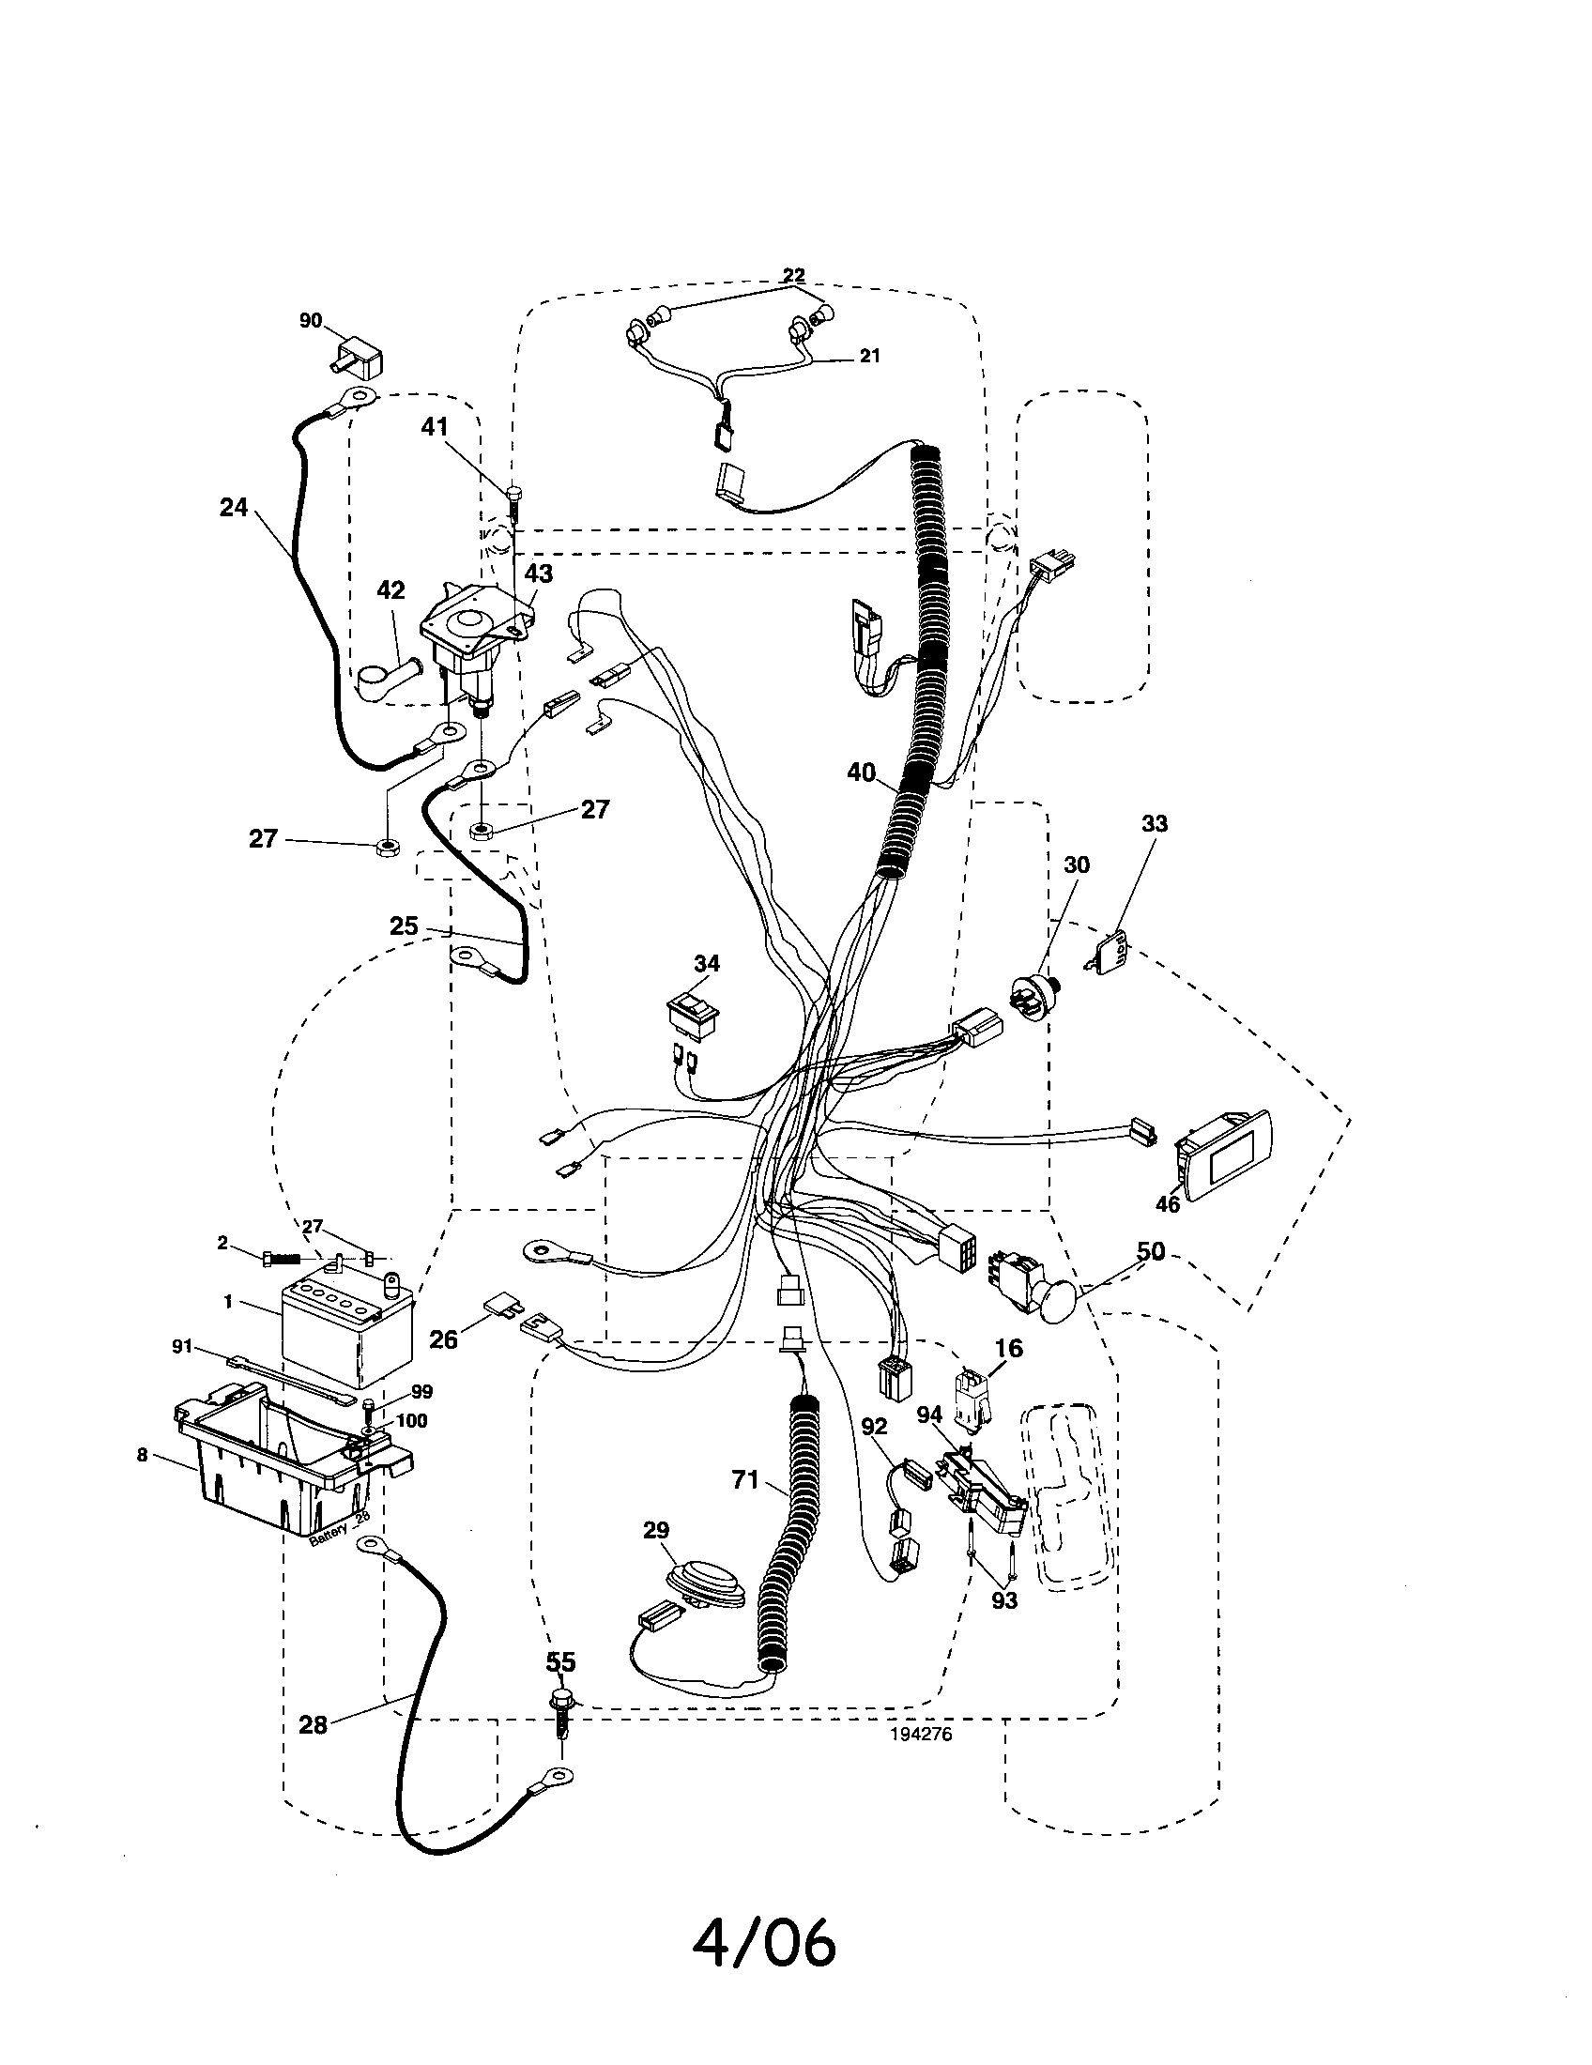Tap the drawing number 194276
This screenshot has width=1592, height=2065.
tap(921, 1734)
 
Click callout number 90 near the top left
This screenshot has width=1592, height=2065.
tap(311, 320)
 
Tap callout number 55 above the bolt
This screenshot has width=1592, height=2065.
tap(560, 1662)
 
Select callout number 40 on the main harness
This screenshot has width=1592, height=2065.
tap(860, 772)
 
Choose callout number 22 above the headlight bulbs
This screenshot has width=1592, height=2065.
tap(793, 275)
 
